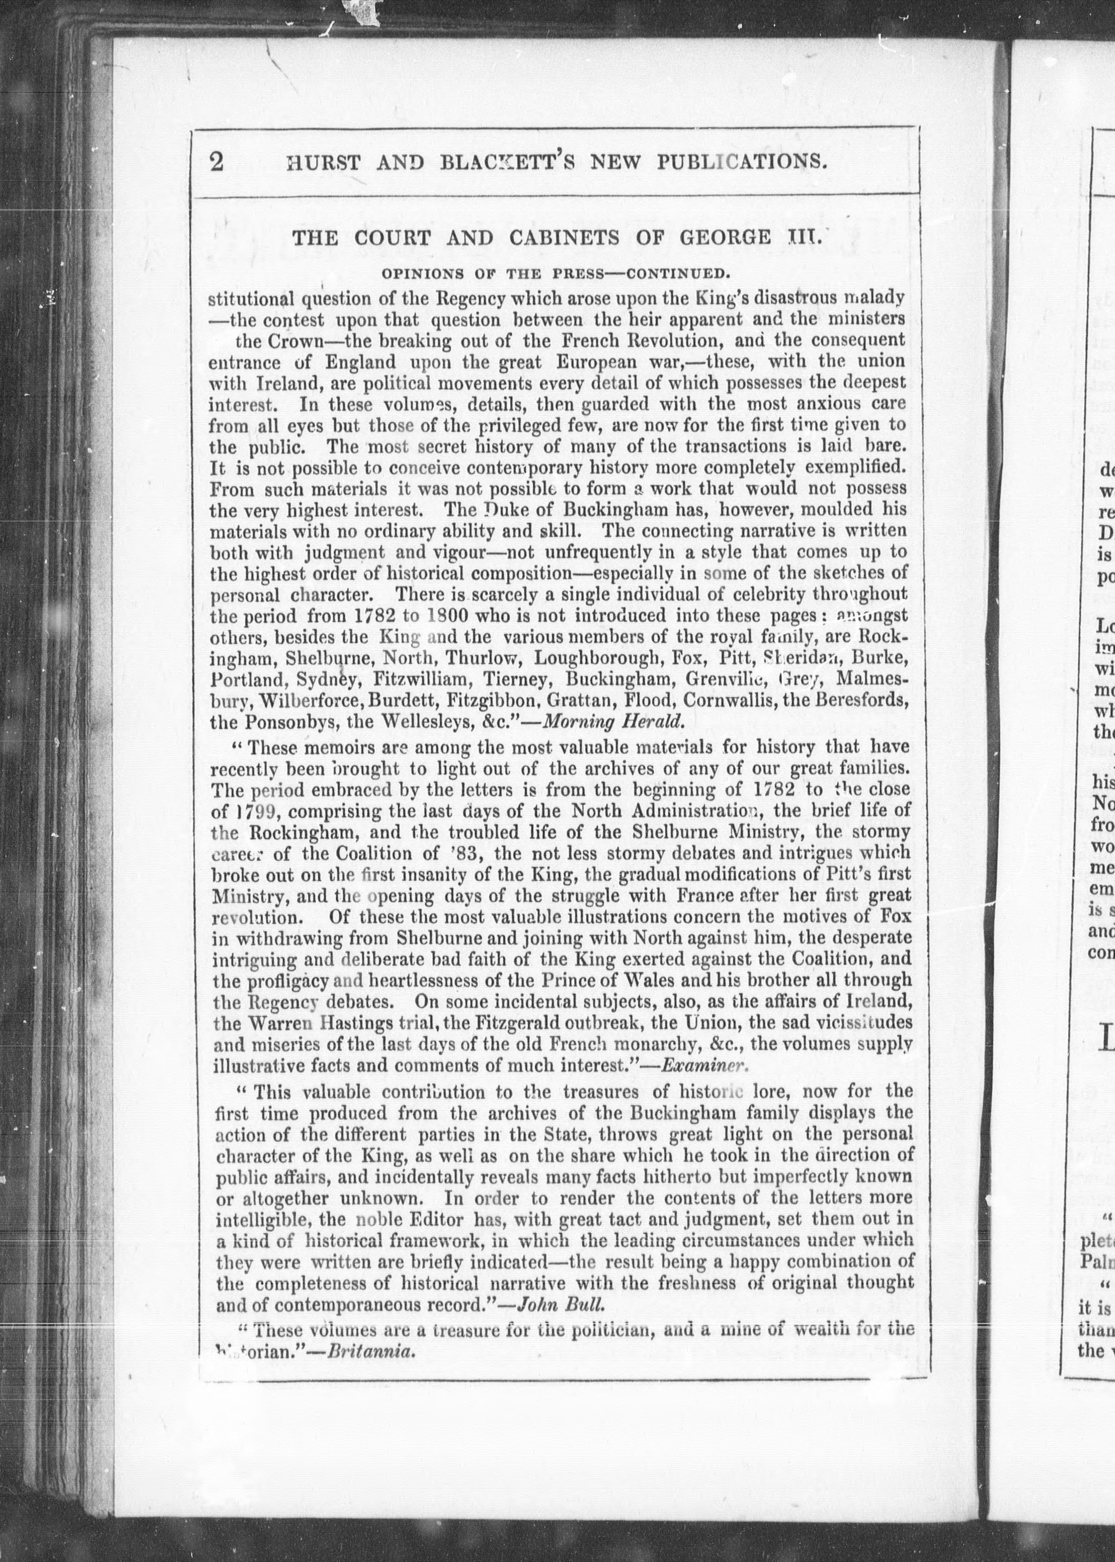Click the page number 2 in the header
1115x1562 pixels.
point(217,181)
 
